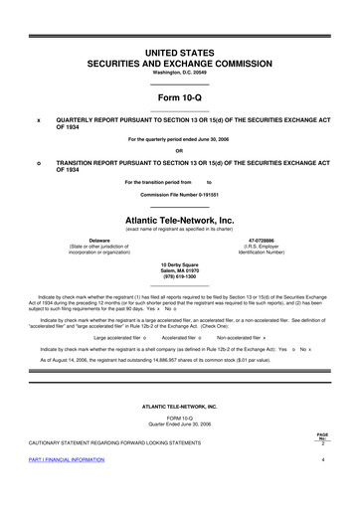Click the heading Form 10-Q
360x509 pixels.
179,96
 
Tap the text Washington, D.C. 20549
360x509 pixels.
179,73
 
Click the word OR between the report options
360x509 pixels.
179,151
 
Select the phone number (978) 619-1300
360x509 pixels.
179,277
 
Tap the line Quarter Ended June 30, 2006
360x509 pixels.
179,423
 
